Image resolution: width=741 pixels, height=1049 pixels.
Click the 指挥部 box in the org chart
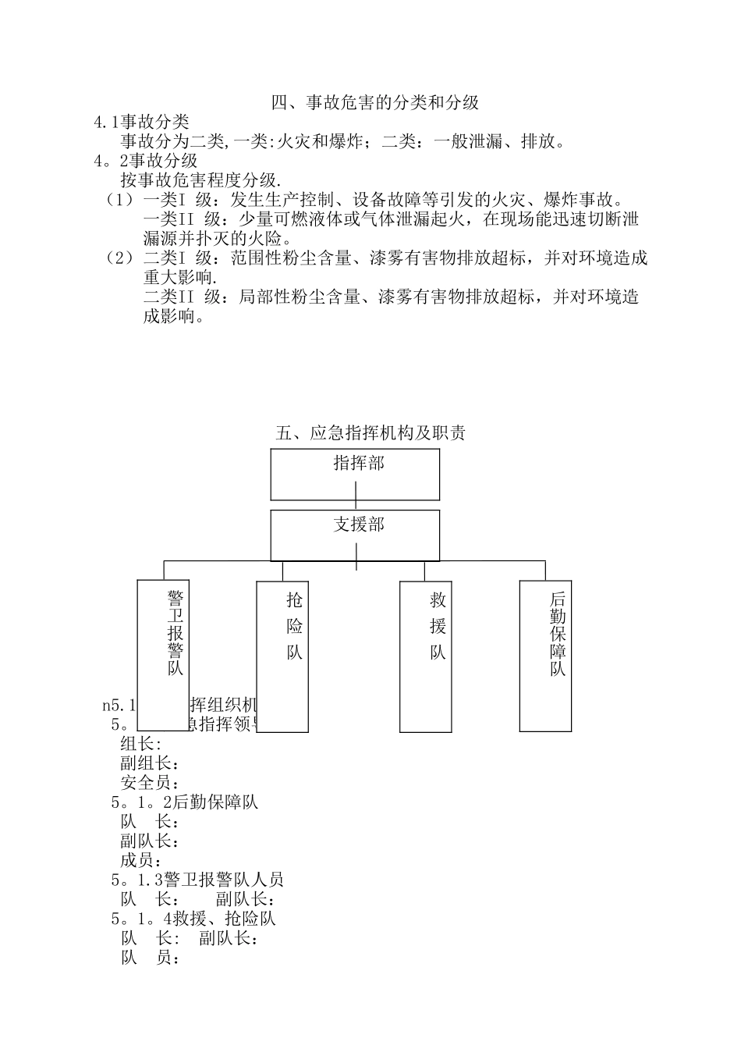(355, 474)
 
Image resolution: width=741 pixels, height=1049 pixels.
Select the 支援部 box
(355, 535)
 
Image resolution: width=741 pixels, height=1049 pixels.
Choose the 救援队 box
(425, 656)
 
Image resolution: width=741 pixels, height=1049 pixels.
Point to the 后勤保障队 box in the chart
(545, 656)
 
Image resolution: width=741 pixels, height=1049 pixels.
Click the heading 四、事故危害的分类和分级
(374, 102)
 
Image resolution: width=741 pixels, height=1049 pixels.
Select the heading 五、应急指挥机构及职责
(371, 432)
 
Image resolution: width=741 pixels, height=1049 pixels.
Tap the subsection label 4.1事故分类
(141, 122)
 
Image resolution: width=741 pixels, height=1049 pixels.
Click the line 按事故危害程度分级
(201, 180)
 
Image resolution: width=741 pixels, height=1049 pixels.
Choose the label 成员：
(141, 860)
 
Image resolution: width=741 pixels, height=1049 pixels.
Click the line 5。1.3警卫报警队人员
(197, 880)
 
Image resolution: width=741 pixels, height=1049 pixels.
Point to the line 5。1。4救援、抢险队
(193, 919)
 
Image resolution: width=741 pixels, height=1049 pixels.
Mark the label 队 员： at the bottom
(151, 958)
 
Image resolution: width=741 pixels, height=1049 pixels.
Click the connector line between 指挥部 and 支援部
(356, 505)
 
